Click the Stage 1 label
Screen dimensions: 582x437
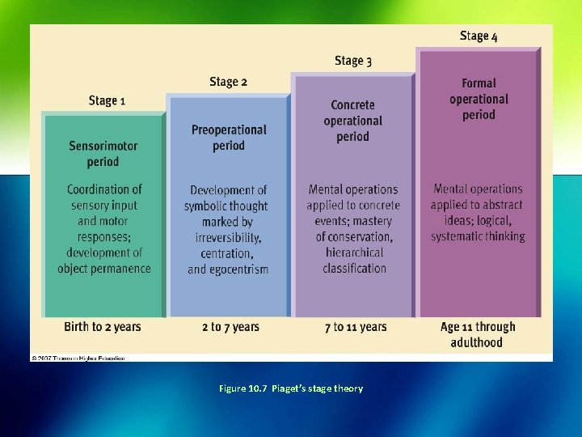point(107,100)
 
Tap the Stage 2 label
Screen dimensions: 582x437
point(228,81)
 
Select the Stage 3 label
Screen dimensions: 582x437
point(353,61)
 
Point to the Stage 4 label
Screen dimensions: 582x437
point(479,36)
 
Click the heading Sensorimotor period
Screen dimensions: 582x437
point(103,154)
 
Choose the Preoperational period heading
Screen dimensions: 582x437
point(229,138)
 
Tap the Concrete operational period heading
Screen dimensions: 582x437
point(353,121)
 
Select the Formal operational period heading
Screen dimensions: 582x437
point(479,99)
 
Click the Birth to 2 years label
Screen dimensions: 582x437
point(103,327)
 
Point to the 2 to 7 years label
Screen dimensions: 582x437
point(230,327)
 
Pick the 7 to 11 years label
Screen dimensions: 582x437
point(356,327)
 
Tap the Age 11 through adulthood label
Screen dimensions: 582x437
point(478,334)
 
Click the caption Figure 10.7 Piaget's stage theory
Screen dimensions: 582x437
point(291,388)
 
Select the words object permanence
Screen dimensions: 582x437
point(104,269)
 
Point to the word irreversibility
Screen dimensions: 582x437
point(228,237)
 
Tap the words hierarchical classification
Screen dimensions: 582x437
point(354,261)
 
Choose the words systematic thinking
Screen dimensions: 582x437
point(478,236)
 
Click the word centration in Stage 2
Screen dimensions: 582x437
point(226,253)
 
